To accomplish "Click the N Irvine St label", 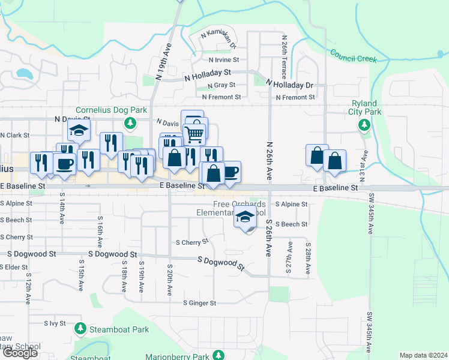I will point(224,60).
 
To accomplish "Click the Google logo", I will point(20,353).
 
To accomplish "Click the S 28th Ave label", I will point(307,259).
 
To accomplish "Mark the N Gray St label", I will point(221,85).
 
